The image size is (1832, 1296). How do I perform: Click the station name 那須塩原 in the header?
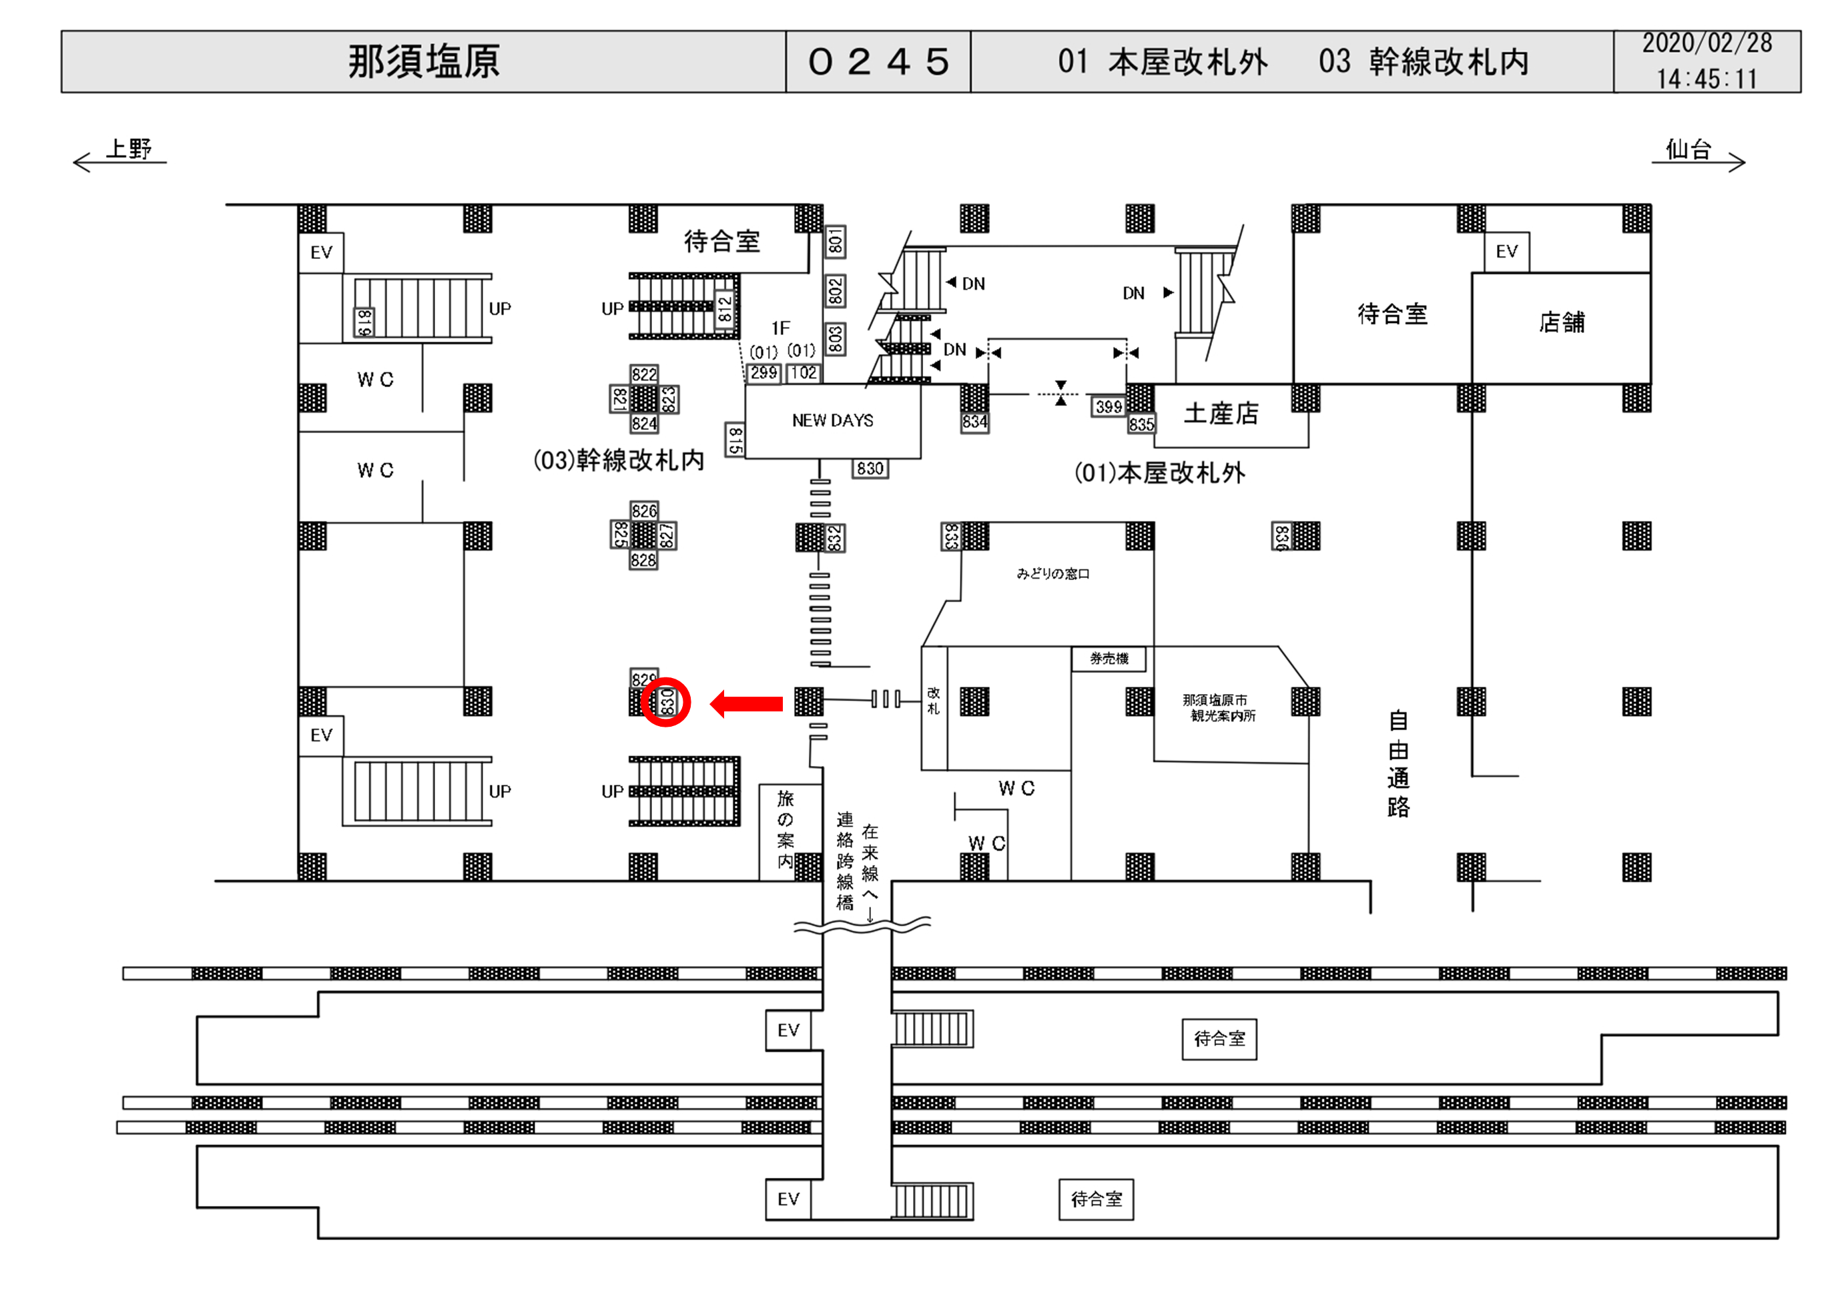pos(424,61)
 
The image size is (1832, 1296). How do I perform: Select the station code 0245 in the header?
pos(878,61)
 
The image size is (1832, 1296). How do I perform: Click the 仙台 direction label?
pos(1688,149)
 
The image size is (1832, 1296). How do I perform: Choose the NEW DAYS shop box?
pos(832,420)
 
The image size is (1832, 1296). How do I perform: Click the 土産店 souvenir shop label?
pos(1221,413)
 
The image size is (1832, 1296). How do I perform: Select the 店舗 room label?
pos(1562,322)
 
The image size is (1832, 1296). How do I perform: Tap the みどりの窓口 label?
pos(1052,574)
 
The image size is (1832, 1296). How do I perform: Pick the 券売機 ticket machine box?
pos(1109,659)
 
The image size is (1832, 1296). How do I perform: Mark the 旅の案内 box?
pos(785,830)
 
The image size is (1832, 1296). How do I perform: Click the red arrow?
pos(746,704)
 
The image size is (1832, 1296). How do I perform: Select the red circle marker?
pos(665,702)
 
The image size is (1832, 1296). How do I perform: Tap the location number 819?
pos(364,322)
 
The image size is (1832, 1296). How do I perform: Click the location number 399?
pos(1109,407)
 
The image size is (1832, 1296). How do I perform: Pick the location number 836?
pos(1281,537)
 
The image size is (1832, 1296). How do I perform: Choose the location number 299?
pos(764,372)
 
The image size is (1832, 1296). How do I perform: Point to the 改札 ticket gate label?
pos(934,701)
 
